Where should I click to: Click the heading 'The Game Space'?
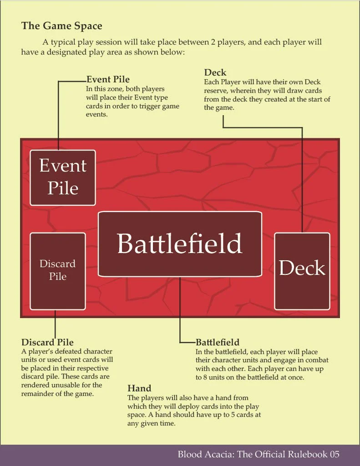pyautogui.click(x=61, y=25)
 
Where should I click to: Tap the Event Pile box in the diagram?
pyautogui.click(x=63, y=177)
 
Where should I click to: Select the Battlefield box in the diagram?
pyautogui.click(x=180, y=244)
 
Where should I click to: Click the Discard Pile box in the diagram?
pyautogui.click(x=57, y=271)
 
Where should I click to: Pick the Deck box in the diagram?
pyautogui.click(x=302, y=271)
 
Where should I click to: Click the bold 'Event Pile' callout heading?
pyautogui.click(x=108, y=80)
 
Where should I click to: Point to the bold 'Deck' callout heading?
pyautogui.click(x=215, y=73)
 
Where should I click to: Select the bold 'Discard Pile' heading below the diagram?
pyautogui.click(x=47, y=342)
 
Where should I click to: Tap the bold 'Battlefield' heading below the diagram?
pyautogui.click(x=218, y=342)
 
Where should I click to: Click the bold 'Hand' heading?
pyautogui.click(x=139, y=388)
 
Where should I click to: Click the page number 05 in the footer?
pyautogui.click(x=334, y=454)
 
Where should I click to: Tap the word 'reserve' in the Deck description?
pyautogui.click(x=216, y=91)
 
